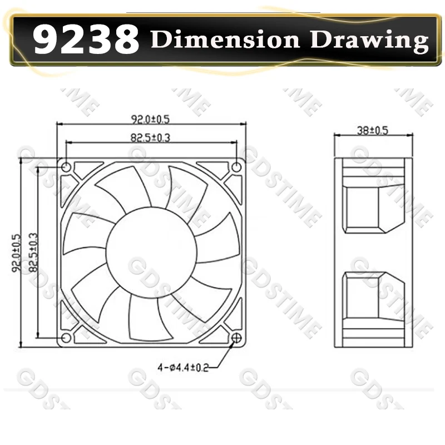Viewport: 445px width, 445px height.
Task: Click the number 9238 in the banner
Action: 86,39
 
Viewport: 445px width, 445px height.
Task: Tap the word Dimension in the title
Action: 225,39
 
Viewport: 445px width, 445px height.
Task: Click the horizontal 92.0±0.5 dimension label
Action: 150,119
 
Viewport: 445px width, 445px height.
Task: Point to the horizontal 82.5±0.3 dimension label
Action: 150,137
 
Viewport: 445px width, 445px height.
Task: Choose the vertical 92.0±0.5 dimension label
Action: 17,253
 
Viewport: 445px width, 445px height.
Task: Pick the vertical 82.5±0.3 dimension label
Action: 33,253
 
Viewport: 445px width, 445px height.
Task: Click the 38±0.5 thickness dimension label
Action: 372,130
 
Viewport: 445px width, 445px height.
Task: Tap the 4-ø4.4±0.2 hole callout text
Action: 183,368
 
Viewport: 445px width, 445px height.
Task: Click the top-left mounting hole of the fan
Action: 66,167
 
